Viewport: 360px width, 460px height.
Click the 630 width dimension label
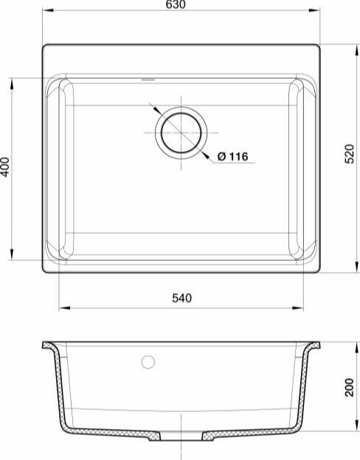pos(176,4)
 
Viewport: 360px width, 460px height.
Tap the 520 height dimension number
pos(350,154)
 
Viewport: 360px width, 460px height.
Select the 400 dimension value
pos(5,167)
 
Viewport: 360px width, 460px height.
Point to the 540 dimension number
pos(181,298)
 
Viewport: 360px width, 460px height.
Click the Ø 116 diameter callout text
pos(233,156)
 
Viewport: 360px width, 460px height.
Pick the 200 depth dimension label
pos(350,388)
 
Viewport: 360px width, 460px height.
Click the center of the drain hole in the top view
pos(181,133)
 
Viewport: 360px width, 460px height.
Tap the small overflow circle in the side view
pos(148,362)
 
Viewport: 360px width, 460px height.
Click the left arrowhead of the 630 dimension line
pos(48,10)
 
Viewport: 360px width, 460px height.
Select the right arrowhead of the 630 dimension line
pos(314,10)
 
